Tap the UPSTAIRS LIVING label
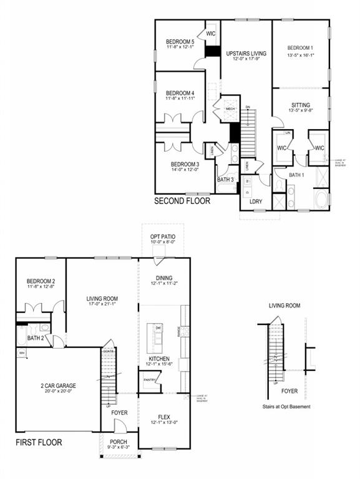pos(246,54)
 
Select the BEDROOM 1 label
pos(301,49)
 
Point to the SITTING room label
pos(301,105)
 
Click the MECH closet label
pos(230,109)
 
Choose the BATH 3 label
pos(225,180)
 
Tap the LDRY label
pos(255,201)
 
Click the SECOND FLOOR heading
pos(182,201)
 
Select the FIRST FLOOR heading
pos(39,443)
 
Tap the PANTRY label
pos(150,380)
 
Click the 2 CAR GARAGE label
pos(57,386)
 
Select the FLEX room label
pos(163,417)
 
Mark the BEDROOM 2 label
pos(41,281)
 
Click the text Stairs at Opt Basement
pos(286,407)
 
